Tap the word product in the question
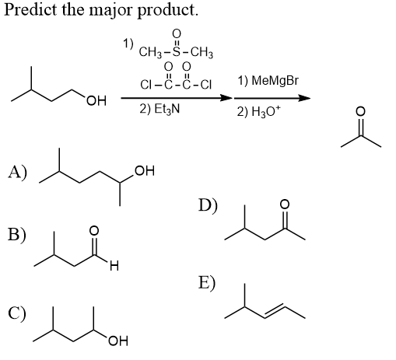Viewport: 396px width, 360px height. (x=167, y=11)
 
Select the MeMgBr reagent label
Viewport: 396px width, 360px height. (x=275, y=81)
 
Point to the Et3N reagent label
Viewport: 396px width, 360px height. (x=166, y=109)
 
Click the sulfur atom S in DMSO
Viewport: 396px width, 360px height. (x=176, y=52)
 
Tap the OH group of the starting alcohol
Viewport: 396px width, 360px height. (x=96, y=101)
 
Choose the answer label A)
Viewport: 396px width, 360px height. (x=17, y=173)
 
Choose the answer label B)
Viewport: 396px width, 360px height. (x=17, y=235)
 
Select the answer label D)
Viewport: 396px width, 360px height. (x=208, y=205)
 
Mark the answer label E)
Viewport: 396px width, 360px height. (x=207, y=283)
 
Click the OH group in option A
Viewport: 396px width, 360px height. (x=145, y=171)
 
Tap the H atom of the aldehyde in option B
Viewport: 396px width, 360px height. (x=114, y=265)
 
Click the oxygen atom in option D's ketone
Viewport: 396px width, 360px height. (x=285, y=204)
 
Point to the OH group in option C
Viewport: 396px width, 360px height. (x=118, y=341)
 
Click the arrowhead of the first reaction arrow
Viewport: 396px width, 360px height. (x=226, y=98)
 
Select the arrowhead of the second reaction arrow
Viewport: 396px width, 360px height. (x=304, y=98)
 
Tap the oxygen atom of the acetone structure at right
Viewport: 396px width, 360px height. (x=360, y=111)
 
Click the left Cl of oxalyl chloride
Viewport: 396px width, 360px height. (x=145, y=85)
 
